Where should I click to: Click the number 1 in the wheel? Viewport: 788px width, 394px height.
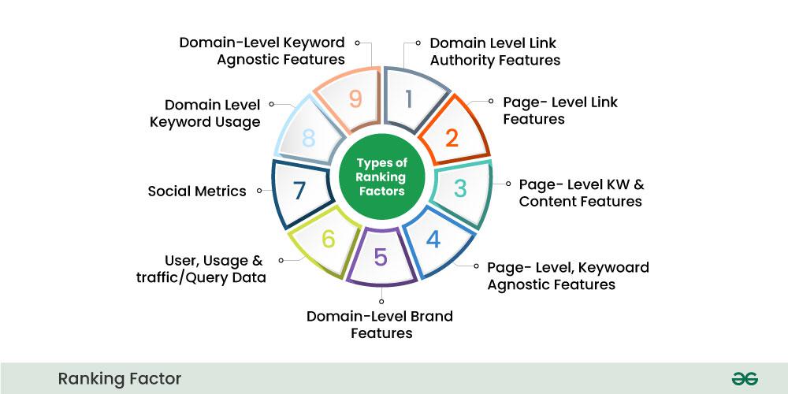pos(408,99)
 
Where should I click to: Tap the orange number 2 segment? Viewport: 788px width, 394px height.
pos(452,138)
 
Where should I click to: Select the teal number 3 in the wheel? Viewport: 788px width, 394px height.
pos(460,189)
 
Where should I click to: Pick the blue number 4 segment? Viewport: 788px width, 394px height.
pos(433,240)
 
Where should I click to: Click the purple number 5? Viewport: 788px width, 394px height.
pos(381,258)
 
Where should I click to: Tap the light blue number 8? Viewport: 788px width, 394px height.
pos(308,138)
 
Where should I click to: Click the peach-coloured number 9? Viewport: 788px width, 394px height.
pos(355,99)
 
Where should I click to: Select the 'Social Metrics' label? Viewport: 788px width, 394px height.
pos(197,191)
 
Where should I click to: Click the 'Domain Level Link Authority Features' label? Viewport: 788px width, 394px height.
pos(495,51)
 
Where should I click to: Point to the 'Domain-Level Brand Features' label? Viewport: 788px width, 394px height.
pos(381,325)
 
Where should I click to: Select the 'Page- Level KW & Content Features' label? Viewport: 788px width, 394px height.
pos(582,192)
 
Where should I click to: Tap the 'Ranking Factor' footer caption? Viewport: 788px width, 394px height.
pos(120,379)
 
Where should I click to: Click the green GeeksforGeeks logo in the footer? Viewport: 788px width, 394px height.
pos(744,379)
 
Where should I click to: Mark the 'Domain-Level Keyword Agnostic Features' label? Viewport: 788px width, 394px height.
pos(262,50)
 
